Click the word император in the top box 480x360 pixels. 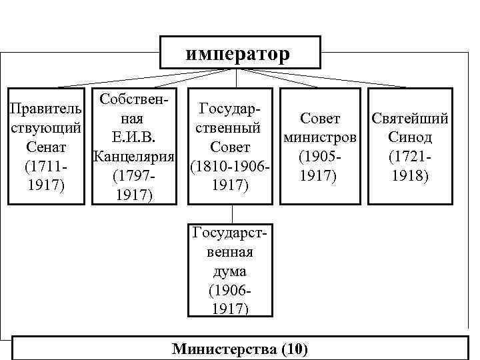238,53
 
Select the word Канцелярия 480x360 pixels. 133,158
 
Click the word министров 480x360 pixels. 321,139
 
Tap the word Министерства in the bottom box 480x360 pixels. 225,349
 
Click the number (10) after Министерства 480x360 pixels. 295,349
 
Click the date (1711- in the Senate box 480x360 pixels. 45,165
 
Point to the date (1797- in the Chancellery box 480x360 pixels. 133,177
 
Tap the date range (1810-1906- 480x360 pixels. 230,165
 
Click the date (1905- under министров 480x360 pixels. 321,158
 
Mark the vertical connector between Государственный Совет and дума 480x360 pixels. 231,213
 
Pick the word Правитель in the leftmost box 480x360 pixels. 46,109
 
